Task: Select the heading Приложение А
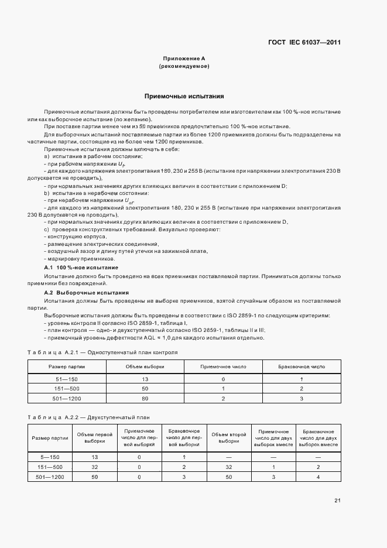click(184, 59)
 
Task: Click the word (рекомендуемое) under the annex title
click(184, 67)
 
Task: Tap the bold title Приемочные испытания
click(184, 95)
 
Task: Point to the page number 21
click(337, 501)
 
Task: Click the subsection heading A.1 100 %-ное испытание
click(81, 267)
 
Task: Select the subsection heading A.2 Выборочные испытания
click(87, 292)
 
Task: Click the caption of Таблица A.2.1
click(102, 352)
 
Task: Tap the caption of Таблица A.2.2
click(88, 417)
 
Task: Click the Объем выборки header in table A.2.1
click(145, 367)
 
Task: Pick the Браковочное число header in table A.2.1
click(302, 367)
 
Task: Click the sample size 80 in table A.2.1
click(145, 398)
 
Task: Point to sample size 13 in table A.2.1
click(145, 379)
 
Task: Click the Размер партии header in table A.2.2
click(49, 438)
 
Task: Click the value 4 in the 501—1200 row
click(318, 477)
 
